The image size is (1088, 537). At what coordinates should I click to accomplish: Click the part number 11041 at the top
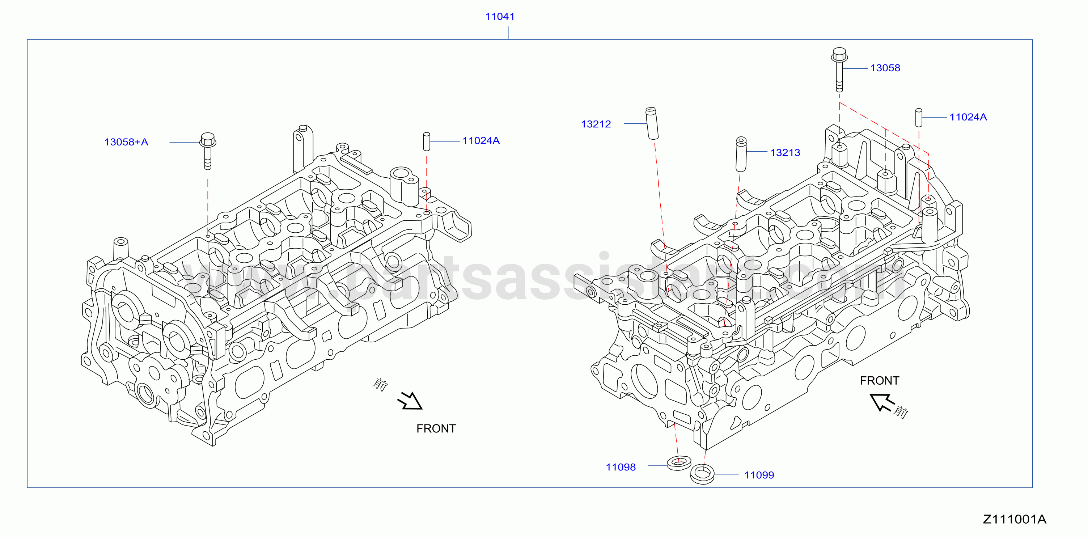500,17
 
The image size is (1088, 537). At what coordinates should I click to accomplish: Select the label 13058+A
126,142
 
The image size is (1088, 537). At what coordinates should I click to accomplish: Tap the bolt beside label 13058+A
207,151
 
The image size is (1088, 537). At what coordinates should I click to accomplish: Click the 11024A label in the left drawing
481,141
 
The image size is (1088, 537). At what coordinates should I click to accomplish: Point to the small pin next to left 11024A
427,141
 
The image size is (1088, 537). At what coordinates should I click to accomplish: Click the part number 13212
596,124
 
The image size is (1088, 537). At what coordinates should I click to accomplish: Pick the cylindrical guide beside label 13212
652,123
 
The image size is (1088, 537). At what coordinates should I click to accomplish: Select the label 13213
785,152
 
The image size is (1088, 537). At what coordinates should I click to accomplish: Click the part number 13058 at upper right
885,68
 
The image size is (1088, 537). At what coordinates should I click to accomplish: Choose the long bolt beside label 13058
839,70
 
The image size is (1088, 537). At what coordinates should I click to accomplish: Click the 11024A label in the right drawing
968,117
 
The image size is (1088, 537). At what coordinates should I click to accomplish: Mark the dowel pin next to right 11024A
919,118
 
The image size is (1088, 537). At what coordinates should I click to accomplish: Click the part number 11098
621,467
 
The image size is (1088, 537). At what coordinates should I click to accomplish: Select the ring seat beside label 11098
679,463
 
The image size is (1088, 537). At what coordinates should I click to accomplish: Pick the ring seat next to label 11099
702,474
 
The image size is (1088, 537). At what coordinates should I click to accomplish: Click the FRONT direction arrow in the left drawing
410,401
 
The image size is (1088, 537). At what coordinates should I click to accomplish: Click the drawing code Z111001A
1015,519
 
